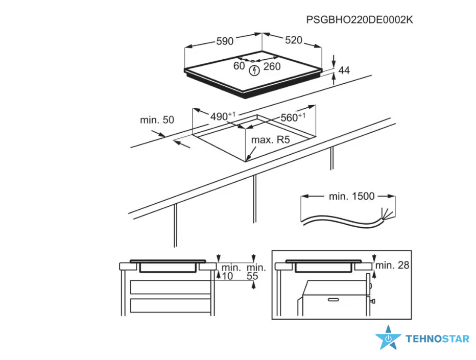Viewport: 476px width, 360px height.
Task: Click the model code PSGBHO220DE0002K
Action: coord(360,20)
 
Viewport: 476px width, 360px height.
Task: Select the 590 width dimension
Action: coord(225,41)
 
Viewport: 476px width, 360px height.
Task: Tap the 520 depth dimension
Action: coord(294,40)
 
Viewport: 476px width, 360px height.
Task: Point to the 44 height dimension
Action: coord(344,70)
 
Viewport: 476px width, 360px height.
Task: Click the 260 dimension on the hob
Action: coord(272,66)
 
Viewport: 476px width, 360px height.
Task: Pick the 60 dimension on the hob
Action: coord(239,65)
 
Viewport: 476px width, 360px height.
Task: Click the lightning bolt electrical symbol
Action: coord(254,71)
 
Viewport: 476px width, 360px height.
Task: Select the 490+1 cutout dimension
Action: coord(223,116)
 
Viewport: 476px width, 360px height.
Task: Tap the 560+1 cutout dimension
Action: coord(293,117)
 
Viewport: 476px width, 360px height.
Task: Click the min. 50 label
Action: coord(157,120)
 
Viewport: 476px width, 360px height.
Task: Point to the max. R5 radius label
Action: coord(271,140)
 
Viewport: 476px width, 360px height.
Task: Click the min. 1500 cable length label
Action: coord(351,197)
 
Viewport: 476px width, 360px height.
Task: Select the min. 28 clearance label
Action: coord(392,266)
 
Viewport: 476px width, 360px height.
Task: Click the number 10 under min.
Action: coord(227,276)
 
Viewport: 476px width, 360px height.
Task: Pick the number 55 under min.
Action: coord(252,276)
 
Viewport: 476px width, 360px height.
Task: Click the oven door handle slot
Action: coord(334,300)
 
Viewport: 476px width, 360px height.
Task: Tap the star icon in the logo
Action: coord(388,338)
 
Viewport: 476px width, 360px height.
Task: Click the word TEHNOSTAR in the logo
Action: coord(438,339)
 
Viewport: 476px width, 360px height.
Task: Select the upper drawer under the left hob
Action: coord(171,287)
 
